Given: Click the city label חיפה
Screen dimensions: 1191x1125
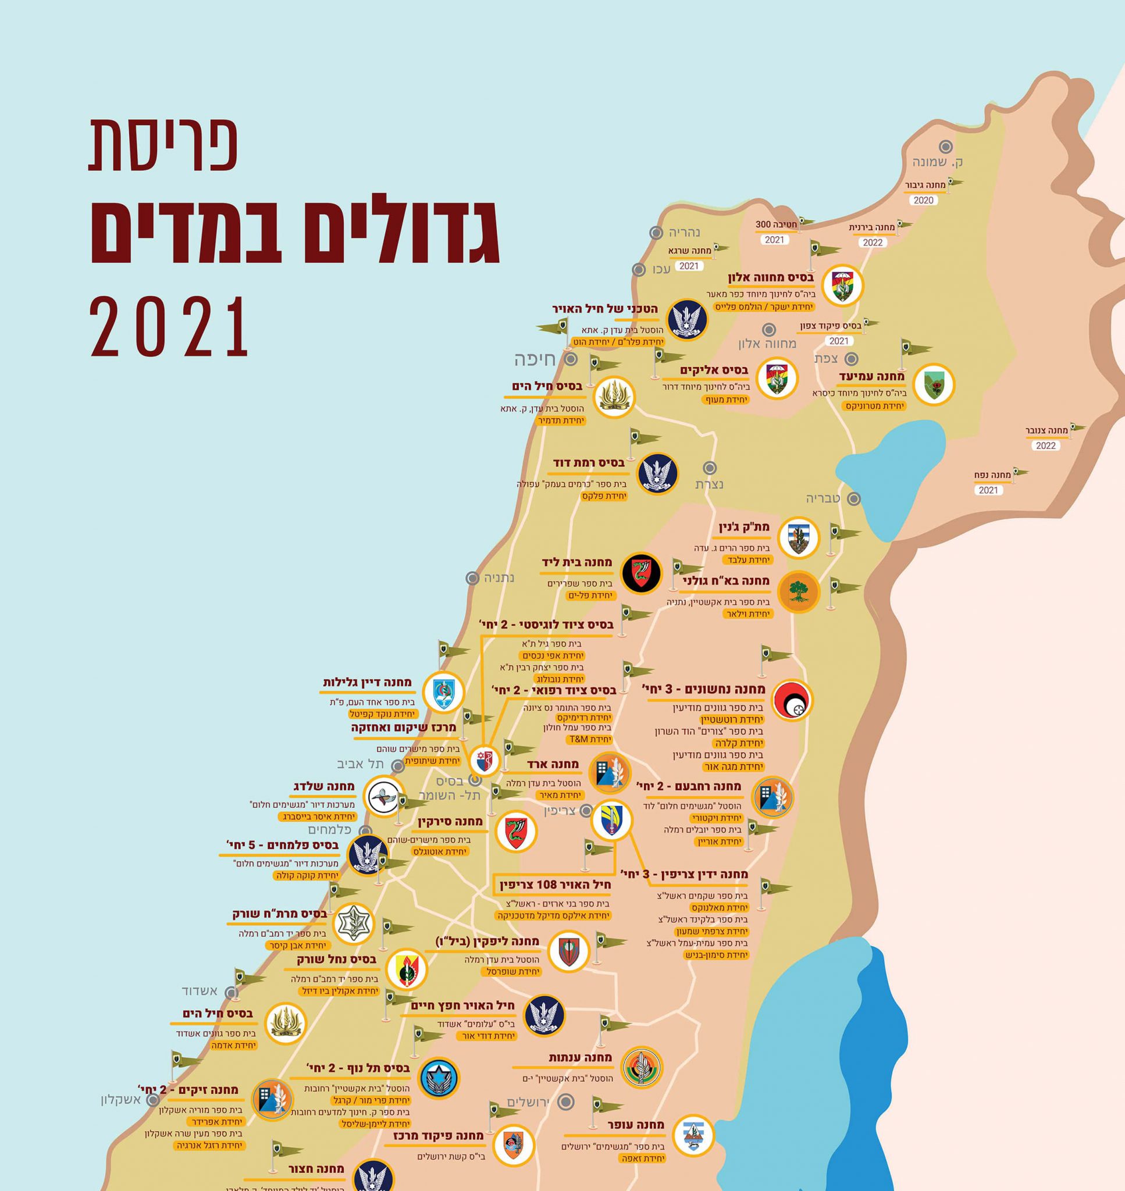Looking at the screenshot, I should point(535,359).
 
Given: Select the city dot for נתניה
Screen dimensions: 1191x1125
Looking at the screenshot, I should point(472,578).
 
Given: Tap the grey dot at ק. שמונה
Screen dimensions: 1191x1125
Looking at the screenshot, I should point(946,146).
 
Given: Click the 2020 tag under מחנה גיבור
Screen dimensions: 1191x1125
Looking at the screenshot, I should point(924,200).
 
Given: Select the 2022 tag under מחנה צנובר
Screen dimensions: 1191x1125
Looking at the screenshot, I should point(1046,445).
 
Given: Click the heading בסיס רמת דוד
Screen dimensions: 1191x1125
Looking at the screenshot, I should point(589,463).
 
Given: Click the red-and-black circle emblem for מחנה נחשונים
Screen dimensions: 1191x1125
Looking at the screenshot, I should point(793,700).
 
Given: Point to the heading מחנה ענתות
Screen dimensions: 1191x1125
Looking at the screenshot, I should point(580,1058).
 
